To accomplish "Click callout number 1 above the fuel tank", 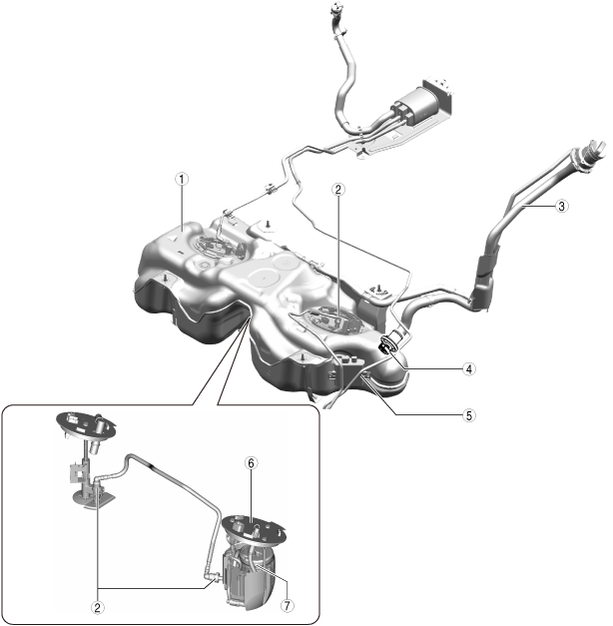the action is pyautogui.click(x=182, y=180).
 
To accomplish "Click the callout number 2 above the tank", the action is pyautogui.click(x=338, y=190).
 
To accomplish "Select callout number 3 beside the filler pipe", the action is pyautogui.click(x=561, y=206).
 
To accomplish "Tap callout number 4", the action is pyautogui.click(x=469, y=368).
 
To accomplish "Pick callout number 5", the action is pyautogui.click(x=469, y=415).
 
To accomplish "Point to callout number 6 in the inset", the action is pyautogui.click(x=251, y=463).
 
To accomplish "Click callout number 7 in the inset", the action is pyautogui.click(x=287, y=606).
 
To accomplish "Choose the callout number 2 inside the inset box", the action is pyautogui.click(x=98, y=608).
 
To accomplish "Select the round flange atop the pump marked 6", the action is pyautogui.click(x=254, y=530).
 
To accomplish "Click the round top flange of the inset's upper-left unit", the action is pyautogui.click(x=87, y=425).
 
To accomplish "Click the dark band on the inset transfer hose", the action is pyautogui.click(x=152, y=466).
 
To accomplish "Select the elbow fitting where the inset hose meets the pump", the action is pyautogui.click(x=214, y=576).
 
